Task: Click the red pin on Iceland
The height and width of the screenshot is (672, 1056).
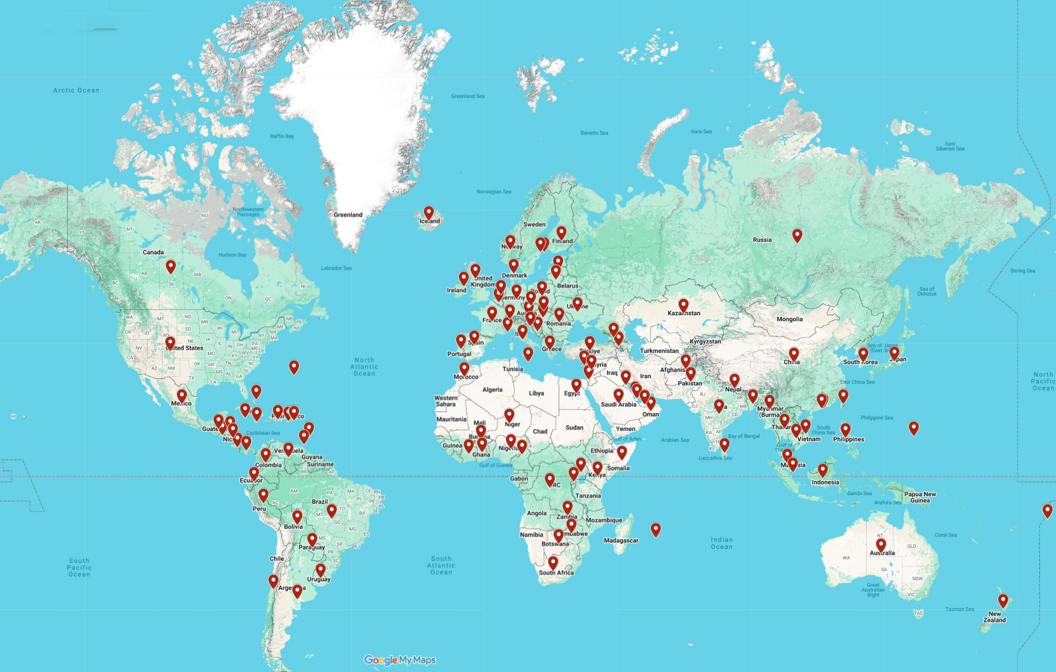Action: coord(428,213)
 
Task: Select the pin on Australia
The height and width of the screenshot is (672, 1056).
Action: coord(881,545)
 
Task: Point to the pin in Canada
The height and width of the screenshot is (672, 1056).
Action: coord(171,267)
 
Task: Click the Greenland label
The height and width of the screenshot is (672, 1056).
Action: coord(348,215)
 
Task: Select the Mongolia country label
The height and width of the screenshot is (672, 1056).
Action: coord(789,319)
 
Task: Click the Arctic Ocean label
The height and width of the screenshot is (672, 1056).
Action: coord(76,90)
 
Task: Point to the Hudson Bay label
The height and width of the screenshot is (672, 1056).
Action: coord(232,255)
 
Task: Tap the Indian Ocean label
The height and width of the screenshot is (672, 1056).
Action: coord(721,543)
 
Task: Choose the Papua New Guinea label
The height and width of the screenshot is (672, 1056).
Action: coord(919,497)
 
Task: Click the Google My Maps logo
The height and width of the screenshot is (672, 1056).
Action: coord(400,660)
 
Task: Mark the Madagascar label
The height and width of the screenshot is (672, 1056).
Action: coord(621,540)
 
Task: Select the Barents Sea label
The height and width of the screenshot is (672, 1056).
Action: coord(594,133)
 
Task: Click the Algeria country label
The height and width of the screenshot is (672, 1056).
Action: coord(492,390)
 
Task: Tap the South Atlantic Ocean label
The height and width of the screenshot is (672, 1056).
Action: coord(441,565)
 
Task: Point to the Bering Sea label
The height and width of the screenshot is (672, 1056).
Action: coord(1022,271)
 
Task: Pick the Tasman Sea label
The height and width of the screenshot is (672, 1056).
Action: coord(959,609)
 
